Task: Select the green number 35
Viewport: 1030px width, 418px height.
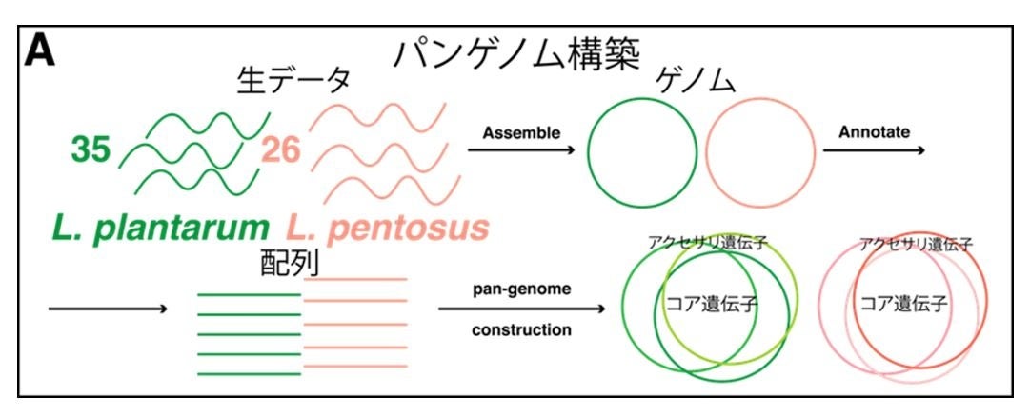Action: click(91, 150)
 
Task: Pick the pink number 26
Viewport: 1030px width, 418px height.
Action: click(282, 150)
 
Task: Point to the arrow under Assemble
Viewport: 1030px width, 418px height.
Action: click(520, 150)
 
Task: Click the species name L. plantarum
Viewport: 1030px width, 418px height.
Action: click(161, 228)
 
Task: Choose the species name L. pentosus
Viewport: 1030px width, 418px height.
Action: click(388, 228)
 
